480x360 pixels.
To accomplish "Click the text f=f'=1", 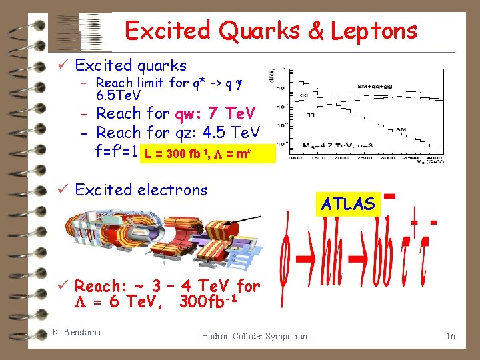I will pos(121,152).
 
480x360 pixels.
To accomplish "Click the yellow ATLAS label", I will pos(347,204).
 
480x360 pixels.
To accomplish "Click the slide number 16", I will pos(451,336).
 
